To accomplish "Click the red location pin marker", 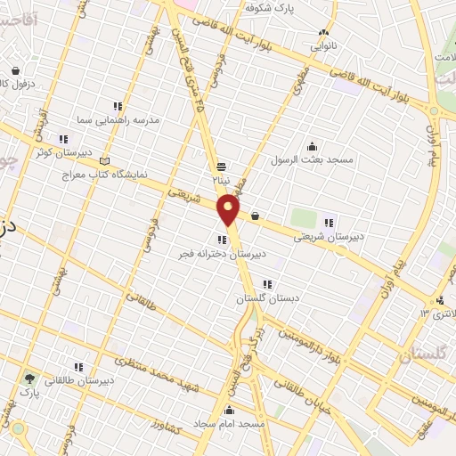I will click(x=228, y=209).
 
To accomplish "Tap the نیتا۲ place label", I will click(x=220, y=179).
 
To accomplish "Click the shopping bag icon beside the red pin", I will click(x=256, y=215).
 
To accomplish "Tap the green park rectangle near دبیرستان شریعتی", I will click(x=303, y=218).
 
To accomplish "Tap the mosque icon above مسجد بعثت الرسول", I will click(x=312, y=147).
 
